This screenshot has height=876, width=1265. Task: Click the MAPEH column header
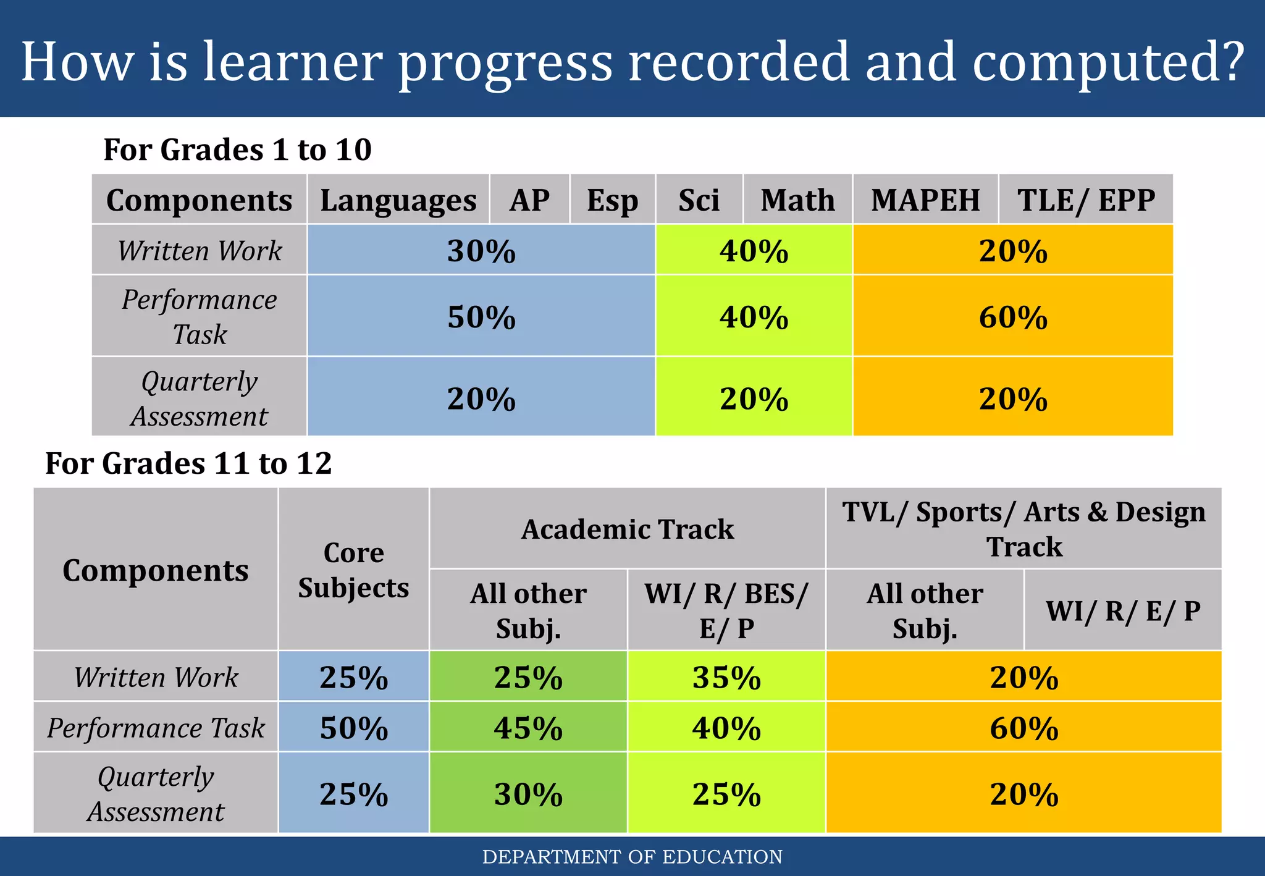point(925,200)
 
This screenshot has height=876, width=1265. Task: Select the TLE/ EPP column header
point(1086,200)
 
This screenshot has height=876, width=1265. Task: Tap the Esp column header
point(612,200)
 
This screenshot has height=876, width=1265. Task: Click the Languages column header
point(398,200)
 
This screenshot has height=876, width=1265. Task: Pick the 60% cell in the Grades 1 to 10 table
point(1013,316)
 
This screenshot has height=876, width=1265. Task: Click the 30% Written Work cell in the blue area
point(481,250)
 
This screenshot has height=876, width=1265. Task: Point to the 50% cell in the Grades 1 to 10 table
point(481,316)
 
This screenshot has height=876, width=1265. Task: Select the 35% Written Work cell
point(726,676)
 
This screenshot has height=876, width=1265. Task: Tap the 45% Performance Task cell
point(528,727)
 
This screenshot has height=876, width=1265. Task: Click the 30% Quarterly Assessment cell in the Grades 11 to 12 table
point(528,793)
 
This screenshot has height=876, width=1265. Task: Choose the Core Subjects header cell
point(353,570)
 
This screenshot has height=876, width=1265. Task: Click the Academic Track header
point(628,529)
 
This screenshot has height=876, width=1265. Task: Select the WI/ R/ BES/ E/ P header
point(726,610)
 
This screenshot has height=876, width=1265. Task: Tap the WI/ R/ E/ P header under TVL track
point(1123,610)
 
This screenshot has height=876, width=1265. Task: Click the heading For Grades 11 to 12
point(188,463)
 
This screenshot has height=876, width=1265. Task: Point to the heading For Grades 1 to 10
point(237,149)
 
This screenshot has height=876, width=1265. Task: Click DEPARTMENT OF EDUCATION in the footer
point(632,857)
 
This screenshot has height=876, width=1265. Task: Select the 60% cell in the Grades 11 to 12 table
point(1023,727)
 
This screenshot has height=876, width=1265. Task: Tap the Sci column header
point(699,200)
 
